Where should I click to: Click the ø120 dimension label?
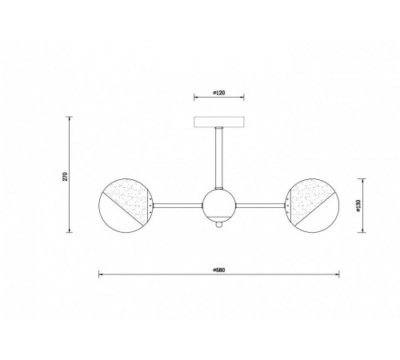[x=219, y=93]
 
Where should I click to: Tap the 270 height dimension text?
[x=66, y=176]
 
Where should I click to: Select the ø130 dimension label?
[x=358, y=206]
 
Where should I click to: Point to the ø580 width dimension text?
[x=219, y=270]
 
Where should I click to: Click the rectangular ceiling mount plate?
[x=219, y=122]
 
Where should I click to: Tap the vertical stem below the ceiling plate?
[x=219, y=158]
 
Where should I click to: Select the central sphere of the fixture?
[x=219, y=206]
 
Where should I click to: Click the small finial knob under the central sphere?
[x=219, y=225]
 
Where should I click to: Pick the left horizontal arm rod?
[x=178, y=206]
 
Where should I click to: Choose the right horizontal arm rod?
[x=261, y=206]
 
